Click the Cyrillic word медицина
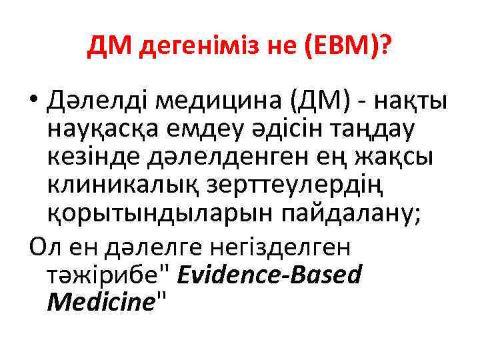pyautogui.click(x=203, y=102)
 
